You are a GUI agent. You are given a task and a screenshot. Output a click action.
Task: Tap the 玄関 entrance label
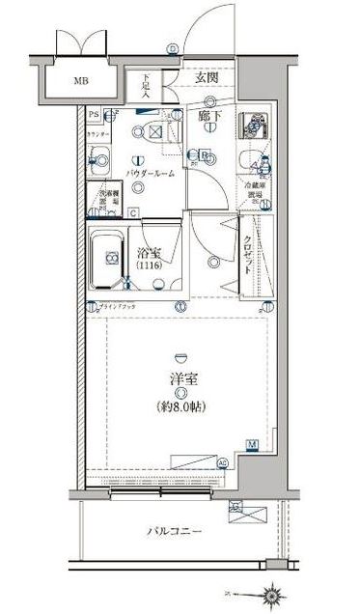(x=206, y=77)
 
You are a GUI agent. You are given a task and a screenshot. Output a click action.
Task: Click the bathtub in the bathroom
(x=109, y=258)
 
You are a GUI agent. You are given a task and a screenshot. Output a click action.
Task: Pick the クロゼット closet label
(x=248, y=256)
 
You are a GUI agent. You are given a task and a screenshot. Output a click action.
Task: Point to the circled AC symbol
(x=223, y=463)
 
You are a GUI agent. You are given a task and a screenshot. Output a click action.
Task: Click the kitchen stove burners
(x=255, y=122)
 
